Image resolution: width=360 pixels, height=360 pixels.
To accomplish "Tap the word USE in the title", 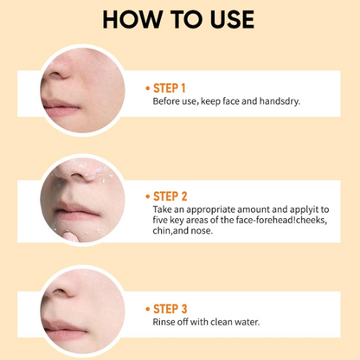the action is pyautogui.click(x=232, y=20).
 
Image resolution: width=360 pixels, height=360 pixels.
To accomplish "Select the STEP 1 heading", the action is pyautogui.click(x=169, y=88).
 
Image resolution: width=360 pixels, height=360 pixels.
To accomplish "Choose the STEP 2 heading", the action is pyautogui.click(x=170, y=196).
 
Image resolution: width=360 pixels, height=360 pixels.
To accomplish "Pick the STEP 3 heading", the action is pyautogui.click(x=170, y=309).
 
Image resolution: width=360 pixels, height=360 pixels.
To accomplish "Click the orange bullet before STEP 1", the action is pyautogui.click(x=148, y=88).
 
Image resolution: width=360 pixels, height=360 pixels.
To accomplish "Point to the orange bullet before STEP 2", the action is pyautogui.click(x=148, y=196).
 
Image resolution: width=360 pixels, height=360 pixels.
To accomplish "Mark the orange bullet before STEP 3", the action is pyautogui.click(x=148, y=309).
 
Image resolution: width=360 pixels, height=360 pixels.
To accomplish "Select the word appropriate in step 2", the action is pyautogui.click(x=212, y=210).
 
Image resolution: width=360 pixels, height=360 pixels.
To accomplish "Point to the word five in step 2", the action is pyautogui.click(x=159, y=220).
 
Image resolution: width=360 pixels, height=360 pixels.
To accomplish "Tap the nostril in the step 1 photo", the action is pyautogui.click(x=55, y=75).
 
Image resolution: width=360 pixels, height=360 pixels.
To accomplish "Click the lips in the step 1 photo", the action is pyautogui.click(x=61, y=108).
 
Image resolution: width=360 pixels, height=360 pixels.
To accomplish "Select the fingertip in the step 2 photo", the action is pyautogui.click(x=71, y=236).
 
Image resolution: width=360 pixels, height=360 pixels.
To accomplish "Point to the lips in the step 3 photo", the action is pyautogui.click(x=64, y=330).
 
